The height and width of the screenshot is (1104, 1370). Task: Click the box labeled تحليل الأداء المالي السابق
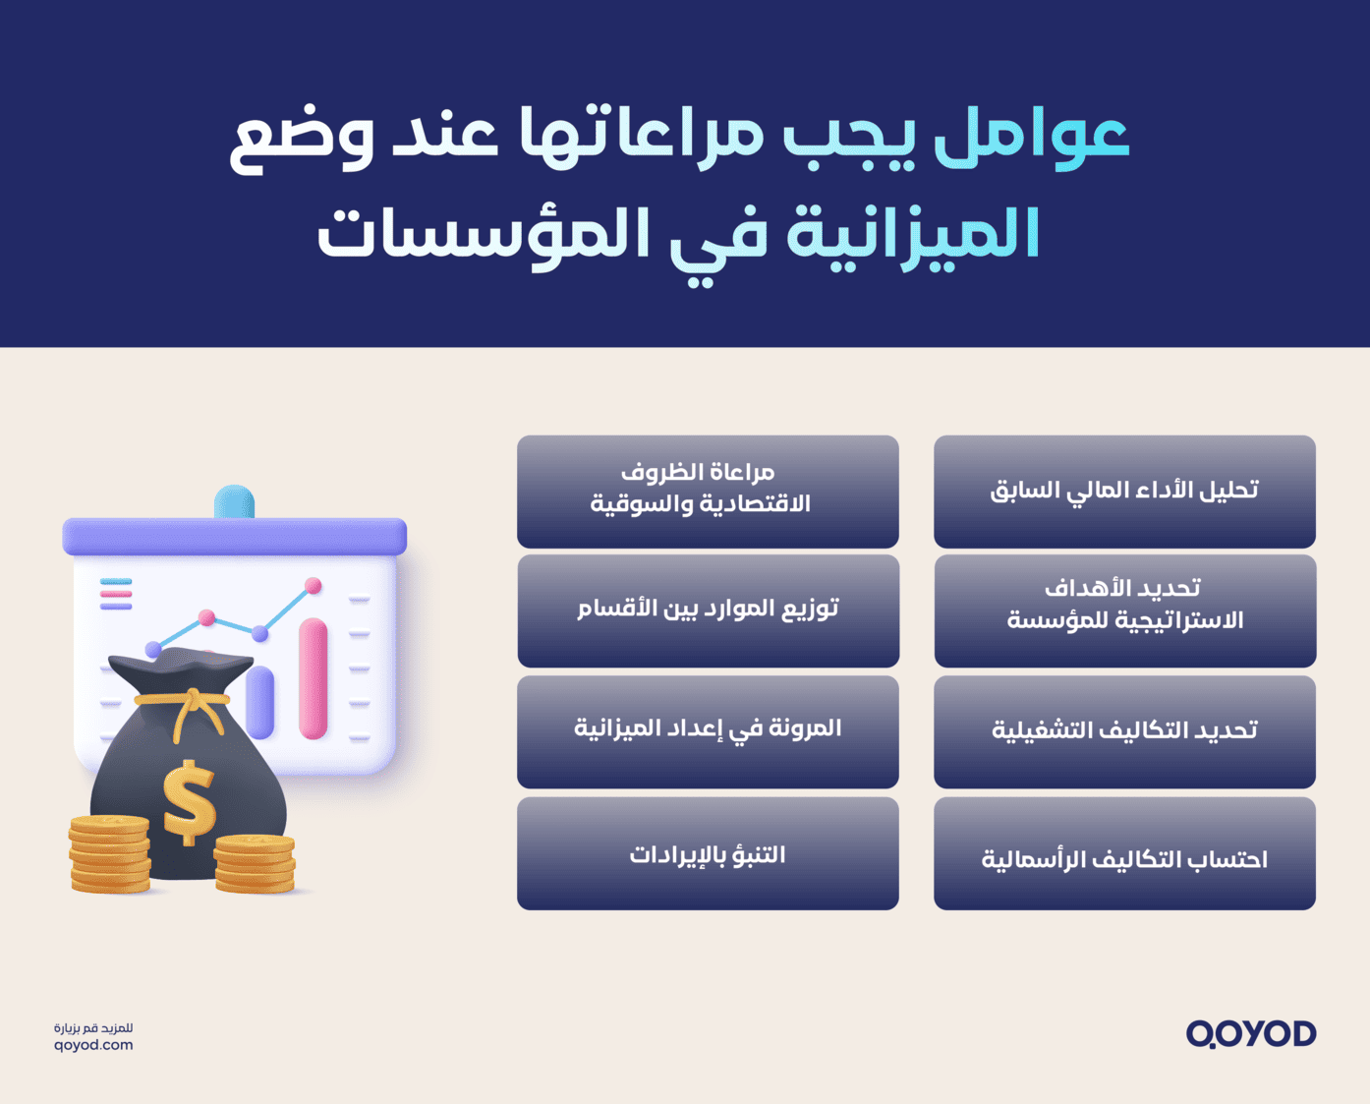point(1124,492)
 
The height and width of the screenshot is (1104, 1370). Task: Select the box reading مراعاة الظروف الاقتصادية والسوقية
point(708,492)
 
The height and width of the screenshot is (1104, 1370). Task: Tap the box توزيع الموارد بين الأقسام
point(708,610)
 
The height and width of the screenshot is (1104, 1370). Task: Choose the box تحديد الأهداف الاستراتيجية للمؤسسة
point(1124,610)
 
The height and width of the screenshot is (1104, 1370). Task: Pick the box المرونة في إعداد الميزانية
point(708,731)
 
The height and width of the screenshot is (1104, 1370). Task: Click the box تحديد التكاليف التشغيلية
point(1124,731)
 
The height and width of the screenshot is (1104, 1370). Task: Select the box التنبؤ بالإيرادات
point(708,853)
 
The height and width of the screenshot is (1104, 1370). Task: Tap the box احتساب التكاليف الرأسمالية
point(1124,853)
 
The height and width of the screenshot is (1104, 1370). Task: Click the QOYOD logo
point(1250,1034)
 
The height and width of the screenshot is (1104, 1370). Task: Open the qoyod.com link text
point(93,1045)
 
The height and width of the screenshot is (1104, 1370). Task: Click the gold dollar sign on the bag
point(189,802)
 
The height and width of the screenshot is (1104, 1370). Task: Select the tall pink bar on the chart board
point(313,678)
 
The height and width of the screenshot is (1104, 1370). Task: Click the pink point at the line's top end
point(313,586)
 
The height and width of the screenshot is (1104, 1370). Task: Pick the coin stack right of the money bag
point(255,863)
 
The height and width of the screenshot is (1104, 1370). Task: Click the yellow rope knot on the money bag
point(193,702)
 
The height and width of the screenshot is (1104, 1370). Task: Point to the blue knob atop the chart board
point(234,501)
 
